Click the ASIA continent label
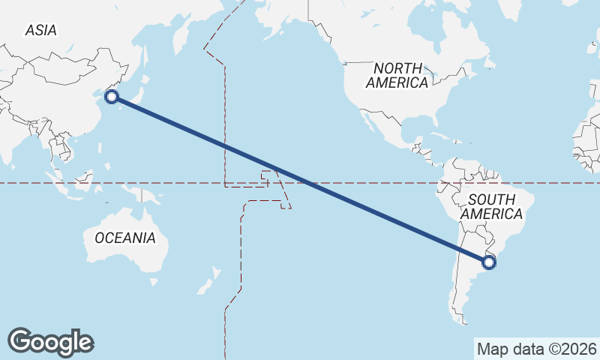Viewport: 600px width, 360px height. (40, 30)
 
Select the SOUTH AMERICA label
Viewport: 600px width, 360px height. (491, 206)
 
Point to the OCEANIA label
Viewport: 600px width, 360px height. (125, 238)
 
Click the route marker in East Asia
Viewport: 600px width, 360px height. (112, 96)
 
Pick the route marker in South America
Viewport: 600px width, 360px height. (489, 262)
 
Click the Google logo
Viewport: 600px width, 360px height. (50, 342)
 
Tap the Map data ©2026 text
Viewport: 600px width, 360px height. (536, 349)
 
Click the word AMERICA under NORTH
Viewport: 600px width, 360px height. (397, 82)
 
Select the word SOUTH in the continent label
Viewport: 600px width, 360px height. (491, 199)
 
